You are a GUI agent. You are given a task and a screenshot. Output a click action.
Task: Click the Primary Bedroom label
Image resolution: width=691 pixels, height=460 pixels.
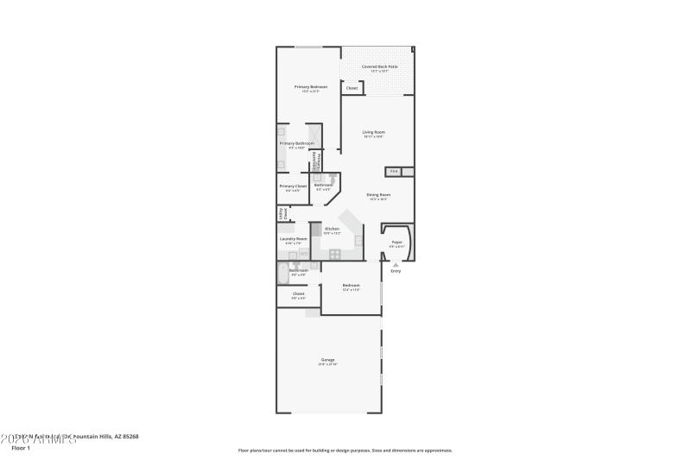310,87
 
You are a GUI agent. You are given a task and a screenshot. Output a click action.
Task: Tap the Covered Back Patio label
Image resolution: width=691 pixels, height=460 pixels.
379,66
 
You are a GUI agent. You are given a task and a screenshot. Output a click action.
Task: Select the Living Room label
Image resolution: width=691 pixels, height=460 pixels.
373,132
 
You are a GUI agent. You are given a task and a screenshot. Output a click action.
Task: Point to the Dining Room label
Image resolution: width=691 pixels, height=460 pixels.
378,195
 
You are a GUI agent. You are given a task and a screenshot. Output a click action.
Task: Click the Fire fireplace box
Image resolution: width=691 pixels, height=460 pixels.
393,172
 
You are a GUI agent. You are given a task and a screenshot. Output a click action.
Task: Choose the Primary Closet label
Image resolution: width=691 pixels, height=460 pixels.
293,186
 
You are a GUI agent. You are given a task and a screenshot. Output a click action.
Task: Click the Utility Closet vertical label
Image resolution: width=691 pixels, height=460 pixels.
282,214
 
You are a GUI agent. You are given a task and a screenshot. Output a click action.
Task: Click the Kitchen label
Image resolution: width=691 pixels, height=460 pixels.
332,229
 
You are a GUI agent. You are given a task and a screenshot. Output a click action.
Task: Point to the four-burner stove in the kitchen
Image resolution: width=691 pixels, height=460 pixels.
334,254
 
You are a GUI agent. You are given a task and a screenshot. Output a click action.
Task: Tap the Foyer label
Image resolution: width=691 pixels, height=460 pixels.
396,243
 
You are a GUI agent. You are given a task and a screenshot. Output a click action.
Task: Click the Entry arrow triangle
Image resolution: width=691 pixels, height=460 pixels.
396,264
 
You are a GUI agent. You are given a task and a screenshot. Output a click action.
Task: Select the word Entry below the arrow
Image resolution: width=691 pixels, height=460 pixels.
396,271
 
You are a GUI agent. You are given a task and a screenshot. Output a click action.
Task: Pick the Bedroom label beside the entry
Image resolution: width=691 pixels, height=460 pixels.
351,286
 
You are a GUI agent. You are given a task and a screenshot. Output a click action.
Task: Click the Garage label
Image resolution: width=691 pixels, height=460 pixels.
327,360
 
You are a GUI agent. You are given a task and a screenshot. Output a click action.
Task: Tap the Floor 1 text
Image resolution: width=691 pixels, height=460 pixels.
22,448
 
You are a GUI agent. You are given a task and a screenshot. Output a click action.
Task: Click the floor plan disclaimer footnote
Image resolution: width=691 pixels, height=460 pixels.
345,450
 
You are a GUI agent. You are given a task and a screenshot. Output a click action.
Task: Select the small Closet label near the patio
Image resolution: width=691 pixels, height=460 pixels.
352,88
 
